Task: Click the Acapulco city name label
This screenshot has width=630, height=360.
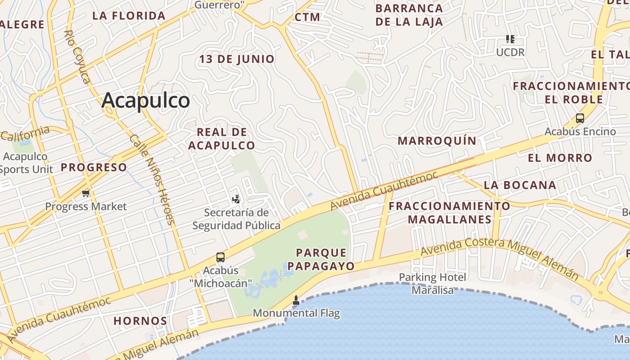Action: point(145,100)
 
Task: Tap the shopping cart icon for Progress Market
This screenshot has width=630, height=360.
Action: point(86,193)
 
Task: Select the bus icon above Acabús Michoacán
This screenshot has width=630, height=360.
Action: point(220,257)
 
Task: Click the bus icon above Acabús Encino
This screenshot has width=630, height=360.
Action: point(580,119)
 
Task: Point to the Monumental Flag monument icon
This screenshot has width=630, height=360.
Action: point(296,300)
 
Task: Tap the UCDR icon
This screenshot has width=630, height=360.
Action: point(510,39)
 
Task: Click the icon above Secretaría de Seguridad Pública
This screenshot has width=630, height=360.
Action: point(236,199)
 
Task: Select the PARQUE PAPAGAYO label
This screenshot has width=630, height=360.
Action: point(321,259)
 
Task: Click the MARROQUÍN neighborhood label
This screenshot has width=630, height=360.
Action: point(436,141)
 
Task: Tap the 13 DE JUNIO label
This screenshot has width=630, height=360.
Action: point(237,59)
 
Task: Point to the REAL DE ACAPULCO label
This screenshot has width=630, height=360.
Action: point(221,139)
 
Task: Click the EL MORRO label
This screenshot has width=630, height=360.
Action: point(560,158)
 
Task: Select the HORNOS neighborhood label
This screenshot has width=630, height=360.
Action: point(140,321)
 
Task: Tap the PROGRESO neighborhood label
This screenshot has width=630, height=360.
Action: point(94,167)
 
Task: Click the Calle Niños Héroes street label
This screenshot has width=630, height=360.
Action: point(151,179)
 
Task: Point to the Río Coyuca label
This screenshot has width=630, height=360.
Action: point(77,57)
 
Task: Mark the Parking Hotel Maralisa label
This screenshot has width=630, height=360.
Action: point(432,283)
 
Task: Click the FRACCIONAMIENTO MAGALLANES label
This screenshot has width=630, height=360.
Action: point(450,212)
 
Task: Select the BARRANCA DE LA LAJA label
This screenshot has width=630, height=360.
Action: point(409,15)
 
